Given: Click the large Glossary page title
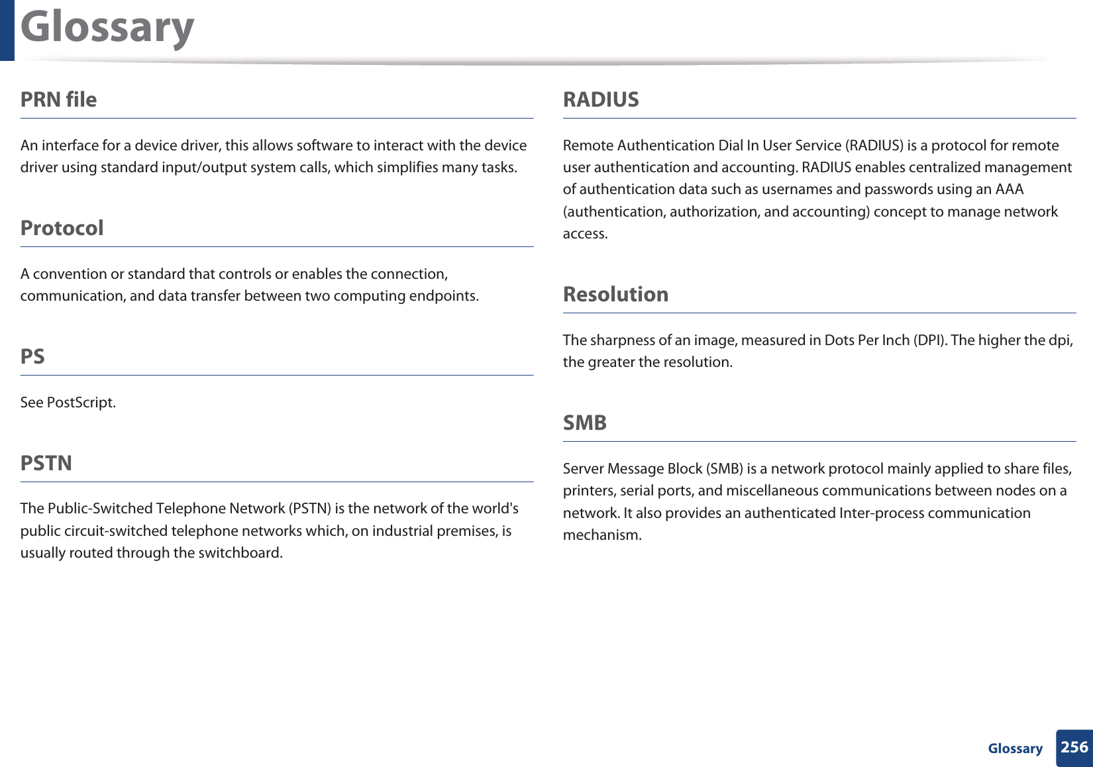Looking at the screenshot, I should [x=107, y=28].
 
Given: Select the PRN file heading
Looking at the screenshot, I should [x=58, y=99].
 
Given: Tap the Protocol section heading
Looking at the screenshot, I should [x=62, y=228].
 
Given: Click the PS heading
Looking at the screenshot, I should [x=32, y=356].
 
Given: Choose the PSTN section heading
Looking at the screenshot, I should [x=46, y=463].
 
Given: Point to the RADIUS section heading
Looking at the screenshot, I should [x=601, y=99].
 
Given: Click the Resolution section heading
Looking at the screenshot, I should [x=615, y=294].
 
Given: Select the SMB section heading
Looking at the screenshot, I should [x=584, y=423].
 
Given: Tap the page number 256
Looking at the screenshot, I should [x=1074, y=747].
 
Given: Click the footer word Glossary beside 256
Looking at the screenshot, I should [x=1015, y=748].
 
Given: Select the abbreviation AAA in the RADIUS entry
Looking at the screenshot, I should [x=1009, y=189].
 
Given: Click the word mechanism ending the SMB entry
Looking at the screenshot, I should [x=601, y=535].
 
